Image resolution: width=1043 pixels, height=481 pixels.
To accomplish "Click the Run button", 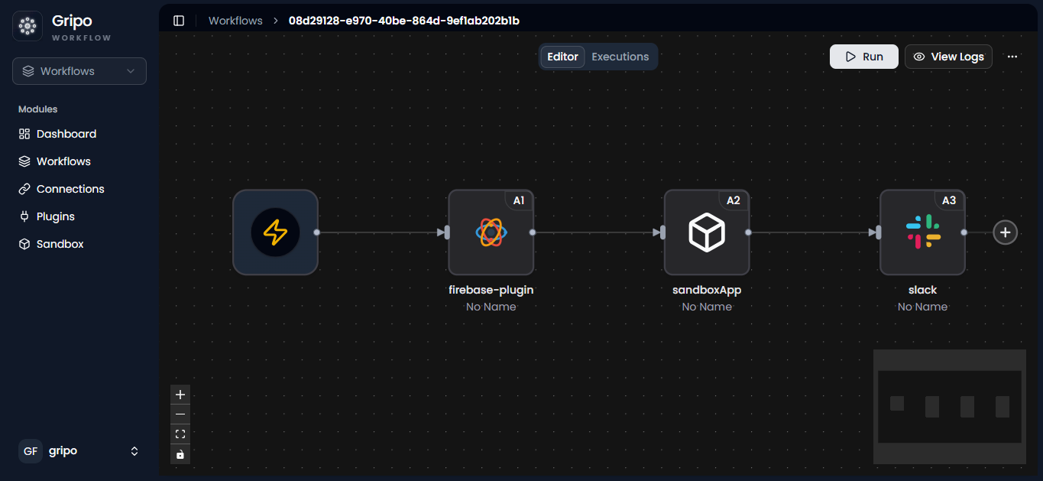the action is click(x=863, y=57).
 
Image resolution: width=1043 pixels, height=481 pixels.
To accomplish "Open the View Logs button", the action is click(x=948, y=57).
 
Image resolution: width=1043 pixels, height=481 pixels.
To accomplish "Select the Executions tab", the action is click(x=620, y=57).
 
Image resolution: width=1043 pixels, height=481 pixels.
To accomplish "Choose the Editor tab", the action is click(x=562, y=57).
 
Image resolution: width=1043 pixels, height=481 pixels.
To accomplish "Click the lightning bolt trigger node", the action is click(x=275, y=232).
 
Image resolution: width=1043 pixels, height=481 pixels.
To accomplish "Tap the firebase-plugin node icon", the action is click(x=491, y=232).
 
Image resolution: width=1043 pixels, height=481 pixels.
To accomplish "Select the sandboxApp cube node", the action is click(x=707, y=232).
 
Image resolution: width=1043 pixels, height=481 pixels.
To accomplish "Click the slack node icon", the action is click(x=922, y=232).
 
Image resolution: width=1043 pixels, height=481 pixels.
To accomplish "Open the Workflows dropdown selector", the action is click(x=79, y=71).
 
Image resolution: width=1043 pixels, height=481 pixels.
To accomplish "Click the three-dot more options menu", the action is click(x=1012, y=57).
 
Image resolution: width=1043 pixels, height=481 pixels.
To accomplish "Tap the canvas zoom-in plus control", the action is click(x=180, y=395).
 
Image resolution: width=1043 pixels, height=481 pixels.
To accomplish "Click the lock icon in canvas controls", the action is click(x=180, y=454).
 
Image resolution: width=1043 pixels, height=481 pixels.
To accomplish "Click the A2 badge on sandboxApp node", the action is click(x=734, y=200).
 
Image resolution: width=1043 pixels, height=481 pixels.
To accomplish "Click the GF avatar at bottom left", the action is click(x=31, y=451).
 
